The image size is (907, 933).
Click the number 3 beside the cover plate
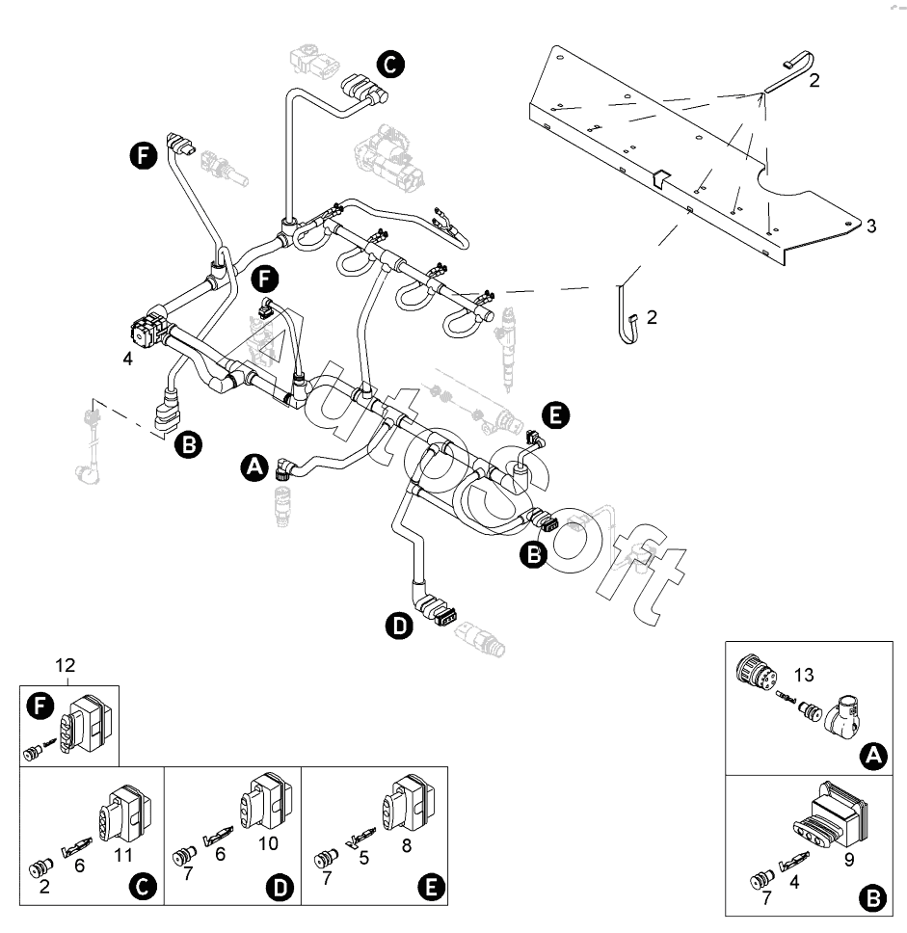pyautogui.click(x=870, y=226)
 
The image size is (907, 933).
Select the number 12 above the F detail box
pyautogui.click(x=65, y=665)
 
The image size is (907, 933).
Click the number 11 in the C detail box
pyautogui.click(x=122, y=854)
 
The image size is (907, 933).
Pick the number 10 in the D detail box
pyautogui.click(x=268, y=843)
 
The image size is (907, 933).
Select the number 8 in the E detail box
pyautogui.click(x=406, y=843)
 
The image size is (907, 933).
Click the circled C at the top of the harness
pyautogui.click(x=390, y=64)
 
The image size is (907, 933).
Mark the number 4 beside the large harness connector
pyautogui.click(x=127, y=360)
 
